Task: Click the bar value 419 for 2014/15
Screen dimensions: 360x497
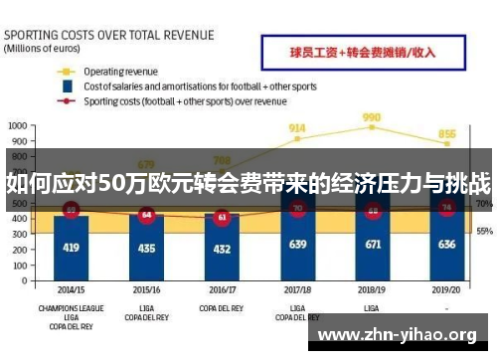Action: click(x=71, y=247)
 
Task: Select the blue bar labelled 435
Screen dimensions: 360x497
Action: click(x=147, y=247)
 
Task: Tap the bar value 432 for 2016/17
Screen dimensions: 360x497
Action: click(x=222, y=247)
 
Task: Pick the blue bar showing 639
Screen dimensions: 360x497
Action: click(x=297, y=245)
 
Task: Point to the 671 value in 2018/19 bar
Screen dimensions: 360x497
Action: click(x=373, y=245)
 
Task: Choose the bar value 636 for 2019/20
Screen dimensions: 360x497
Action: click(x=447, y=245)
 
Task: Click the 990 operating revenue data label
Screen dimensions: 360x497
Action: click(x=373, y=117)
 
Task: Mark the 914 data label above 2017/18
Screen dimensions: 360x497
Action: click(x=297, y=128)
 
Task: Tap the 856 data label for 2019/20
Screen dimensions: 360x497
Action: click(x=447, y=134)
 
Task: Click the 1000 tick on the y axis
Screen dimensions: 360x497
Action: click(x=17, y=126)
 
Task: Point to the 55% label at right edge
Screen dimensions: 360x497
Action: click(x=483, y=231)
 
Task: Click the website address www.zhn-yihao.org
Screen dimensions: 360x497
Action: click(x=396, y=335)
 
